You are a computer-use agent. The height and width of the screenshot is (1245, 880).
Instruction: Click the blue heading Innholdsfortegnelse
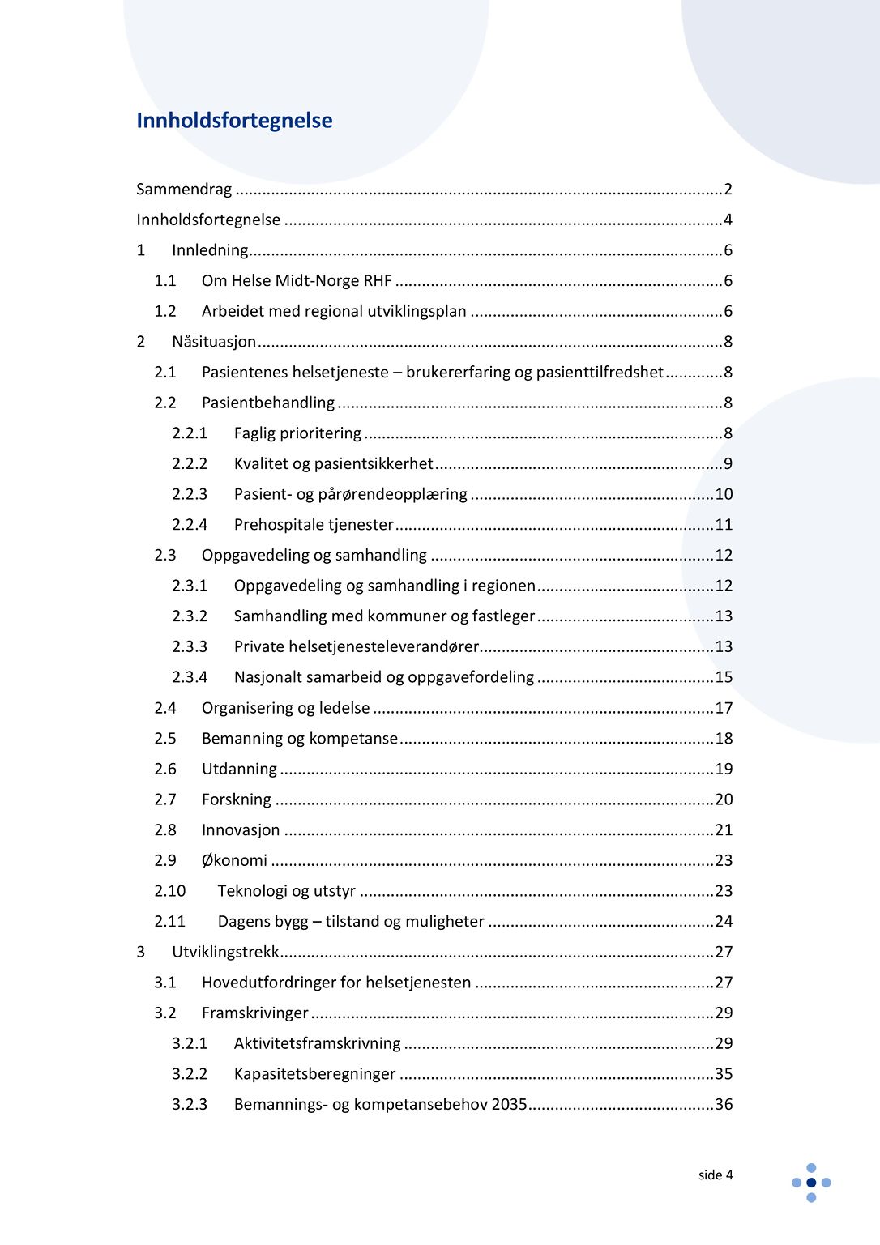coord(234,121)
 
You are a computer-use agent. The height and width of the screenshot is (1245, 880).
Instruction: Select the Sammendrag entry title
coord(184,190)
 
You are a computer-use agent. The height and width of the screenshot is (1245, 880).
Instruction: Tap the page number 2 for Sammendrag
coord(728,190)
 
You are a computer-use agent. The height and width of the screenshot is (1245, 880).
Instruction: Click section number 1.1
coord(165,281)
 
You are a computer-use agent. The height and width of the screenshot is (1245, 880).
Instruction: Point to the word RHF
coord(378,281)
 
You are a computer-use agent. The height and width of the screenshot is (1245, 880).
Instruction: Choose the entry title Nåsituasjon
coord(214,342)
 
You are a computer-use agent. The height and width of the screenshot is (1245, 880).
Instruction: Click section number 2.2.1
coord(190,433)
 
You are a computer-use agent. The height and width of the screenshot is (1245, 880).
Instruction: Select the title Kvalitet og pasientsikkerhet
coord(333,464)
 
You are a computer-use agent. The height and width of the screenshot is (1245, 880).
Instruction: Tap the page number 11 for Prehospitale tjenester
coord(724,525)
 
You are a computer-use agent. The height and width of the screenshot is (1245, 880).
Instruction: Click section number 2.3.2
coord(190,616)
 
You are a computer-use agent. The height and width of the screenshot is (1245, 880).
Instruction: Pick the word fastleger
coord(503,616)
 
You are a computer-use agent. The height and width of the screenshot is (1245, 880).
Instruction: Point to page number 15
coord(724,677)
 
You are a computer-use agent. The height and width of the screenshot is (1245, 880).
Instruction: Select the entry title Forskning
coord(237,799)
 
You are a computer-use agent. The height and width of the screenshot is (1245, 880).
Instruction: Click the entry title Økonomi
coord(234,860)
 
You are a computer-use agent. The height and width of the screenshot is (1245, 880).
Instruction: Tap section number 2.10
coord(170,891)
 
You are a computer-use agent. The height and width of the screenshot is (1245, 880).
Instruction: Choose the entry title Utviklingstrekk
coord(225,952)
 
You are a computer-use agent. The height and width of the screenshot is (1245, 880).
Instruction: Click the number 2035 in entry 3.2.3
coord(509,1104)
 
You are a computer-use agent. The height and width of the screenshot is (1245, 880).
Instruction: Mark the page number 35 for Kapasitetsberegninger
coord(724,1074)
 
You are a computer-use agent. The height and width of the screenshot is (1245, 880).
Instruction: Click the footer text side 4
coord(716,1175)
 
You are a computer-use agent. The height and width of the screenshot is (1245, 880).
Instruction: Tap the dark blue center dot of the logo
coord(811,1183)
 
